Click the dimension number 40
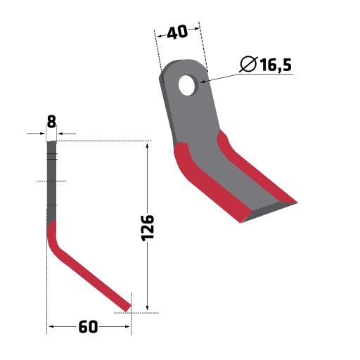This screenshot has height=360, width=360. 177,32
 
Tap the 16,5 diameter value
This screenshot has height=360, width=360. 276,65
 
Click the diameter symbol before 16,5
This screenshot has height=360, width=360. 248,64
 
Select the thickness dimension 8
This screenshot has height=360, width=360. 51,122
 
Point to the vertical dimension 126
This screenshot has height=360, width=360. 148,228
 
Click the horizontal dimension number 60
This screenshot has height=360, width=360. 88,327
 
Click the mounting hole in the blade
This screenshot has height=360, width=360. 187,85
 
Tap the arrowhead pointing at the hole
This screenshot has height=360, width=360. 202,82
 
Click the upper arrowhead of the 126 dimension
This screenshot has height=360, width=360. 147,146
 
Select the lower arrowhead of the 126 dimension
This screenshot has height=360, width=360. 147,308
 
